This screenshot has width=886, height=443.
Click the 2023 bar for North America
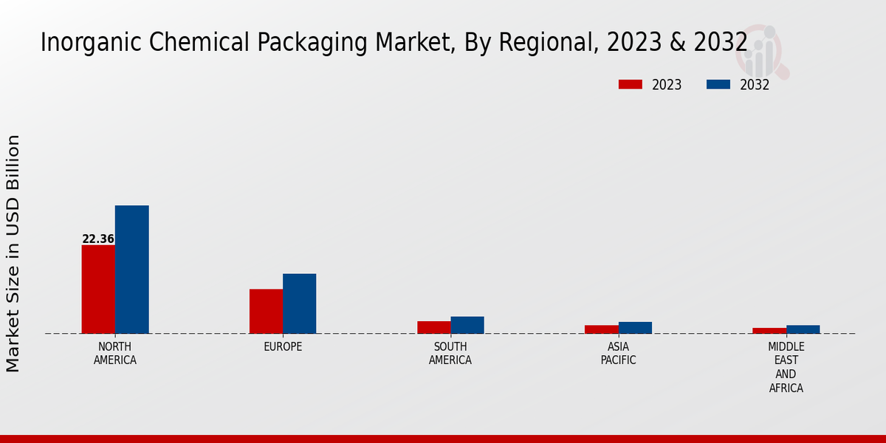click(98, 289)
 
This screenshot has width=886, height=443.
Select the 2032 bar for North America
click(132, 269)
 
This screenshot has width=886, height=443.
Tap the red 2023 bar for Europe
click(266, 311)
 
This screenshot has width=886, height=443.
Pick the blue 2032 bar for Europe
click(300, 303)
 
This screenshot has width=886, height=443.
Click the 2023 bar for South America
click(433, 327)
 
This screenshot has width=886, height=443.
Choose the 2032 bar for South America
click(467, 325)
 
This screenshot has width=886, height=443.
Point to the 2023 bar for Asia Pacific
click(602, 329)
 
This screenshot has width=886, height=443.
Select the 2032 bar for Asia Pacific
click(635, 328)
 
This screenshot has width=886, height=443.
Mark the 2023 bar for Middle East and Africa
click(769, 331)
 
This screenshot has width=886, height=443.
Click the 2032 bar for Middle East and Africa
click(803, 329)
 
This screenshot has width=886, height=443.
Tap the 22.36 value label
click(98, 239)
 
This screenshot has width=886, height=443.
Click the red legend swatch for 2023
click(631, 85)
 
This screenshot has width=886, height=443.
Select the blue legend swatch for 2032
click(718, 85)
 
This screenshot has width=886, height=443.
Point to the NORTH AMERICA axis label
click(115, 354)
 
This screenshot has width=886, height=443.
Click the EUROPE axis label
click(283, 347)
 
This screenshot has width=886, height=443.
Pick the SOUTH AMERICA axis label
click(450, 354)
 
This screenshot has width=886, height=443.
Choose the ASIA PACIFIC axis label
click(618, 354)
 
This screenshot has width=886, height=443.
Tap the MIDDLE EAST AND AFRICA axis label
click(786, 367)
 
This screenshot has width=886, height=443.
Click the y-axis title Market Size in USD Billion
click(13, 253)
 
